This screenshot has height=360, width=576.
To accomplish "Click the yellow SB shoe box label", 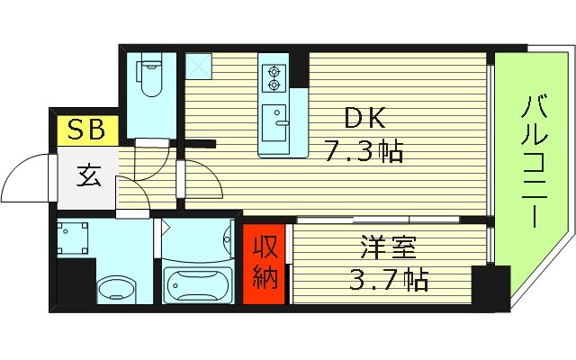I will [x=83, y=130].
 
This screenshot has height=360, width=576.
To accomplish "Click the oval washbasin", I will [x=118, y=290].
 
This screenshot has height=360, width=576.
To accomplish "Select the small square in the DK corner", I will [x=197, y=64].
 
